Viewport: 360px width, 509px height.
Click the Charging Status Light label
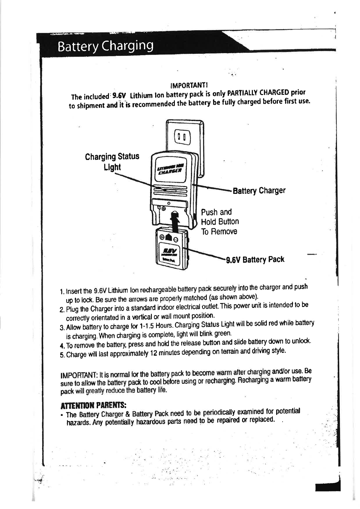tap(112, 162)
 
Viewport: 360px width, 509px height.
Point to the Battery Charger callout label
tap(259, 191)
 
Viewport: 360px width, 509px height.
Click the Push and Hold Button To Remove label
tap(220, 222)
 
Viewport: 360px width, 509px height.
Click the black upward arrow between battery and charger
tap(175, 220)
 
